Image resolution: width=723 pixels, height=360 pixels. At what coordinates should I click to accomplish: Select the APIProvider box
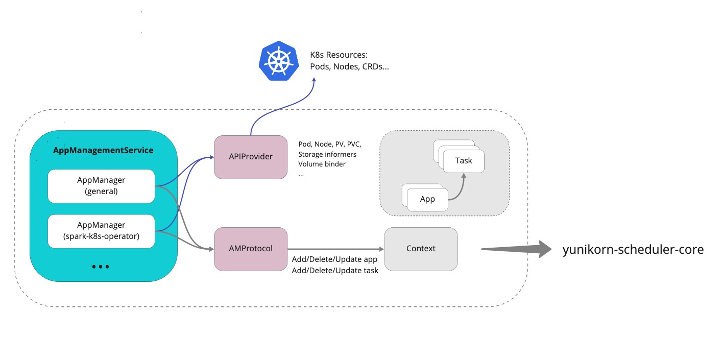(x=250, y=157)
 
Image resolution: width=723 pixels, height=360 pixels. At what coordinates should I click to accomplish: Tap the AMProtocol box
(x=251, y=249)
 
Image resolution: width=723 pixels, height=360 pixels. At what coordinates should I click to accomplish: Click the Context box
(x=421, y=249)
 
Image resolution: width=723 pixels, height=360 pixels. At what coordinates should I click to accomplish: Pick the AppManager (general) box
(x=101, y=186)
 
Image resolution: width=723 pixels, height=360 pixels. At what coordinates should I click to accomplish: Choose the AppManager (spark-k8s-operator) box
(x=101, y=231)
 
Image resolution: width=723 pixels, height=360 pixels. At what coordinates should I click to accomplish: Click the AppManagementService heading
(x=103, y=151)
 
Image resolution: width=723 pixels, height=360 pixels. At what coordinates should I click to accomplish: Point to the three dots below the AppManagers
(x=101, y=267)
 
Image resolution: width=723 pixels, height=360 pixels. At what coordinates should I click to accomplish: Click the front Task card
(x=463, y=161)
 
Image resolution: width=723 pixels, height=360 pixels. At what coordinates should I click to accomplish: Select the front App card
(x=427, y=199)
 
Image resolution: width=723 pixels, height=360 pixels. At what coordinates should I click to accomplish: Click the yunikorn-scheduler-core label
(x=633, y=250)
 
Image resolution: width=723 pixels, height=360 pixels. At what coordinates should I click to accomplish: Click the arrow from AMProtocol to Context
(x=335, y=249)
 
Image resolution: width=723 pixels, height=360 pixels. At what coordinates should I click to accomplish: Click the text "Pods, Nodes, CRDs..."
(x=349, y=67)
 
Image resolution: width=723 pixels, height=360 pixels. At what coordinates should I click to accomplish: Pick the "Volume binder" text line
(x=322, y=164)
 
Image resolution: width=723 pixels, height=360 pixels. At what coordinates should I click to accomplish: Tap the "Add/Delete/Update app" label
(x=334, y=259)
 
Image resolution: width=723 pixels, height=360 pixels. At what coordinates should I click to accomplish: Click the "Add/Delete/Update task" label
(x=335, y=271)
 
